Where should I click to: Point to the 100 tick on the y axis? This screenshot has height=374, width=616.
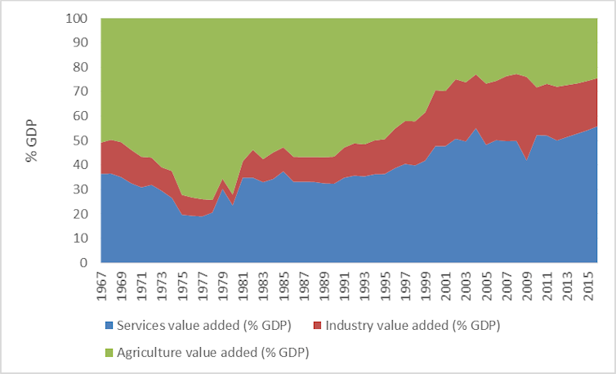point(77,19)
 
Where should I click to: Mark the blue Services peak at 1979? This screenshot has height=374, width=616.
point(221,189)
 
